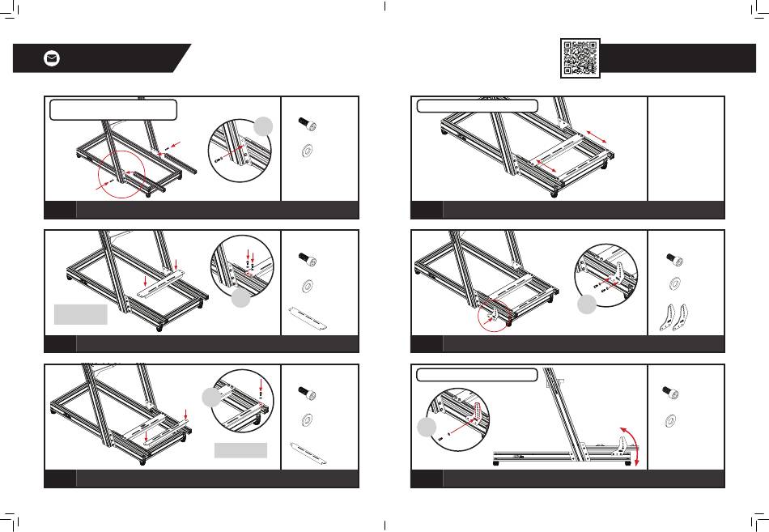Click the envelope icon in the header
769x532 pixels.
(x=52, y=58)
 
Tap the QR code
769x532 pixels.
(x=580, y=57)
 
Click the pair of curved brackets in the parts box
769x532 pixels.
(x=677, y=317)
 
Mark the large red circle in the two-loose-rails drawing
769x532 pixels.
(x=121, y=172)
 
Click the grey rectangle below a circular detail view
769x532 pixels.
(x=240, y=450)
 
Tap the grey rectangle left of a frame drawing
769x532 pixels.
(x=80, y=314)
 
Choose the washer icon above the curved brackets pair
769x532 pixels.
(x=673, y=284)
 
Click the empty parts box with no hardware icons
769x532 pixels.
(x=686, y=147)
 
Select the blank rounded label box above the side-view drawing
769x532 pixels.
(x=476, y=375)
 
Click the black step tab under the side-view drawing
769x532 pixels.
(x=426, y=479)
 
